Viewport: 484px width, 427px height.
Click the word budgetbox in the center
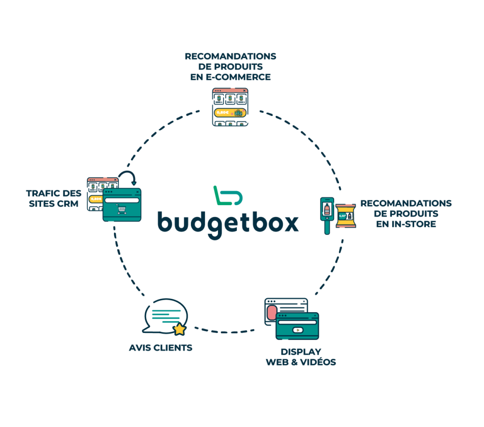pos(228,222)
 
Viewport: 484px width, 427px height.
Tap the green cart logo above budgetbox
pos(227,196)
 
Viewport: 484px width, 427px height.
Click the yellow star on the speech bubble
pos(179,329)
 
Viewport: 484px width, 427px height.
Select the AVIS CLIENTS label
pos(161,348)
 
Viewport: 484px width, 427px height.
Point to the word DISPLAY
pos(301,352)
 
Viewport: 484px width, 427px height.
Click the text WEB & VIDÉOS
pos(301,362)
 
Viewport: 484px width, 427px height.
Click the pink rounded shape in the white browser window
pos(271,313)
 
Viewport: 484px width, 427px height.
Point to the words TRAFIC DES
pos(54,193)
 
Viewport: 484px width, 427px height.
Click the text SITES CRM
pos(53,204)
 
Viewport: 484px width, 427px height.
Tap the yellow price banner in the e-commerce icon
pos(230,113)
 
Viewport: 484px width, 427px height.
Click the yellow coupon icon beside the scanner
pos(346,216)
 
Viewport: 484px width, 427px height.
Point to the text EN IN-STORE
pos(406,224)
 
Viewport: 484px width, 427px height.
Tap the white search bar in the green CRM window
pos(122,200)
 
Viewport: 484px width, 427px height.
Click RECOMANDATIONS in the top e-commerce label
pos(231,56)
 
